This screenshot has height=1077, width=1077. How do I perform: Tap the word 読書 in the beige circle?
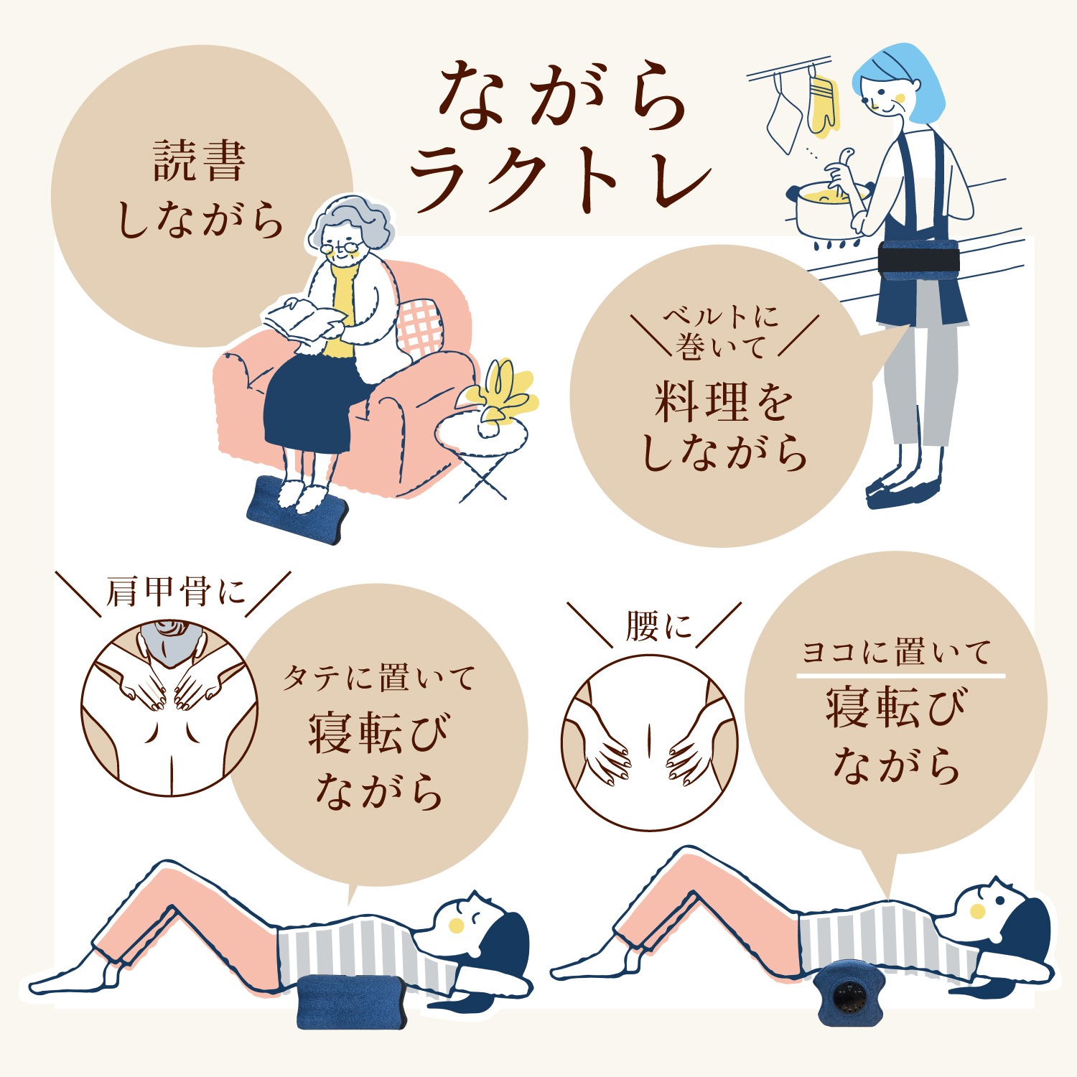pyautogui.click(x=200, y=161)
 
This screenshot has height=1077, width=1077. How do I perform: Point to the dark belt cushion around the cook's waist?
pyautogui.click(x=919, y=258)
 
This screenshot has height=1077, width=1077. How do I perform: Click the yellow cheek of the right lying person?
pyautogui.click(x=977, y=911)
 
